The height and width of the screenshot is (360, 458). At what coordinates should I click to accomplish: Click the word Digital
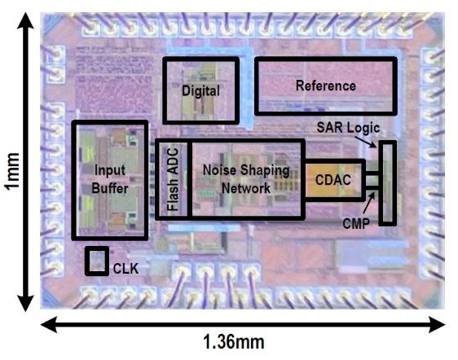(x=200, y=90)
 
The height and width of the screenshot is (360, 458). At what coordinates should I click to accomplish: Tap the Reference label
(x=326, y=86)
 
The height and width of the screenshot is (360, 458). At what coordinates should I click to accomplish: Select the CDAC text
(x=333, y=180)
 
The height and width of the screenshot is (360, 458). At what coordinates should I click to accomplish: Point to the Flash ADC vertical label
(x=173, y=179)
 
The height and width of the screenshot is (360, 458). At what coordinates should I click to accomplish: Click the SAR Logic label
(x=348, y=128)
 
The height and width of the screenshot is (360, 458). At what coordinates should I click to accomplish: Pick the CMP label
(x=356, y=224)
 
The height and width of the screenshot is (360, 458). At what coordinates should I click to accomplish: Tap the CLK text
(x=126, y=269)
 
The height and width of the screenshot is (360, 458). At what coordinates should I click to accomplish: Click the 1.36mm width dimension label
(x=234, y=342)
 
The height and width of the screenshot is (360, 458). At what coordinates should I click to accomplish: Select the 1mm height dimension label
(x=12, y=171)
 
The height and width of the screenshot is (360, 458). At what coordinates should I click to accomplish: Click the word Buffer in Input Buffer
(x=110, y=188)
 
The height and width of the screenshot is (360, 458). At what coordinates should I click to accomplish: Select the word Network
(x=246, y=188)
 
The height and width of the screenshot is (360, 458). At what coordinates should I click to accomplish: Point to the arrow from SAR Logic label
(x=365, y=142)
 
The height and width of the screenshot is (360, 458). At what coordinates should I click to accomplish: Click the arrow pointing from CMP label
(x=369, y=203)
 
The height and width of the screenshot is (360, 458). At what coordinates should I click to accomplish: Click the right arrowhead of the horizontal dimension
(x=437, y=324)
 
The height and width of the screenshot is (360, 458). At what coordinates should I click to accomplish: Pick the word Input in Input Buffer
(x=110, y=170)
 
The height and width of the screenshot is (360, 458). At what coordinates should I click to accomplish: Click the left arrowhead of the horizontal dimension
(x=49, y=324)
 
